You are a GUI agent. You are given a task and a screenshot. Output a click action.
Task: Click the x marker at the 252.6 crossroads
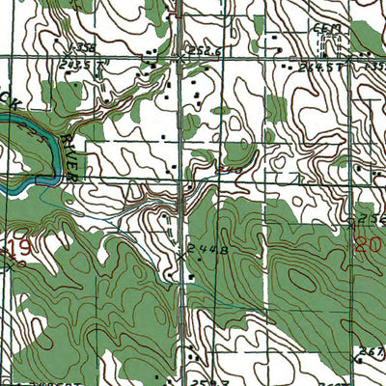[x=180, y=58]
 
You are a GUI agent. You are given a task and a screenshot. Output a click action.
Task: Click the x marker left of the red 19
[x=3, y=262]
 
